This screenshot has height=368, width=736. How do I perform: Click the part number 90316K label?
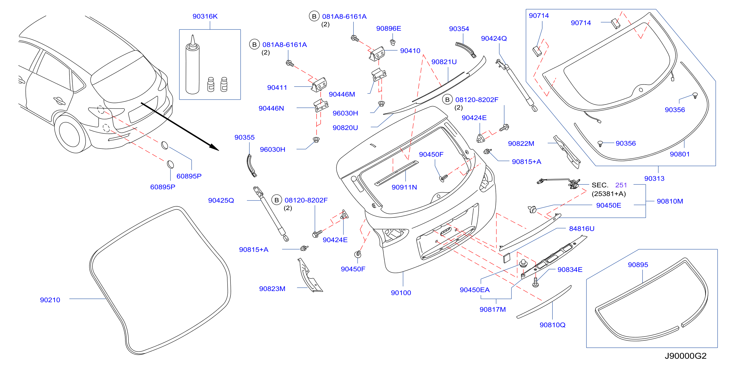click(x=205, y=16)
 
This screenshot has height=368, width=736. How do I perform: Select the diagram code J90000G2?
click(x=685, y=356)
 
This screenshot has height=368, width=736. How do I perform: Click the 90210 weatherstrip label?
click(x=50, y=300)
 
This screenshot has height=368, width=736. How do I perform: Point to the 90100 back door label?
click(x=401, y=293)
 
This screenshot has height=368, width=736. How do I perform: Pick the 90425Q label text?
click(x=221, y=200)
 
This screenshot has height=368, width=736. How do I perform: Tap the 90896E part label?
click(x=388, y=28)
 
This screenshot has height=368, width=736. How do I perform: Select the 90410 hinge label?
click(x=410, y=51)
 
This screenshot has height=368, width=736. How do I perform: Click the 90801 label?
click(x=680, y=154)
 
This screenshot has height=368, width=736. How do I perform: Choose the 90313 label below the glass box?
click(x=654, y=178)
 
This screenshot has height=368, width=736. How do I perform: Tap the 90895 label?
click(x=638, y=265)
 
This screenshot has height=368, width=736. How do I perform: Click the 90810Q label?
click(x=552, y=325)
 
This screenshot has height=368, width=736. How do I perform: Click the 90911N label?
click(x=404, y=187)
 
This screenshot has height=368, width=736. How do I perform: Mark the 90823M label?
click(x=272, y=289)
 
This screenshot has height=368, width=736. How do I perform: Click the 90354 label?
click(x=459, y=29)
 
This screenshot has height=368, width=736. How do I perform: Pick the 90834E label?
click(x=570, y=270)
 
